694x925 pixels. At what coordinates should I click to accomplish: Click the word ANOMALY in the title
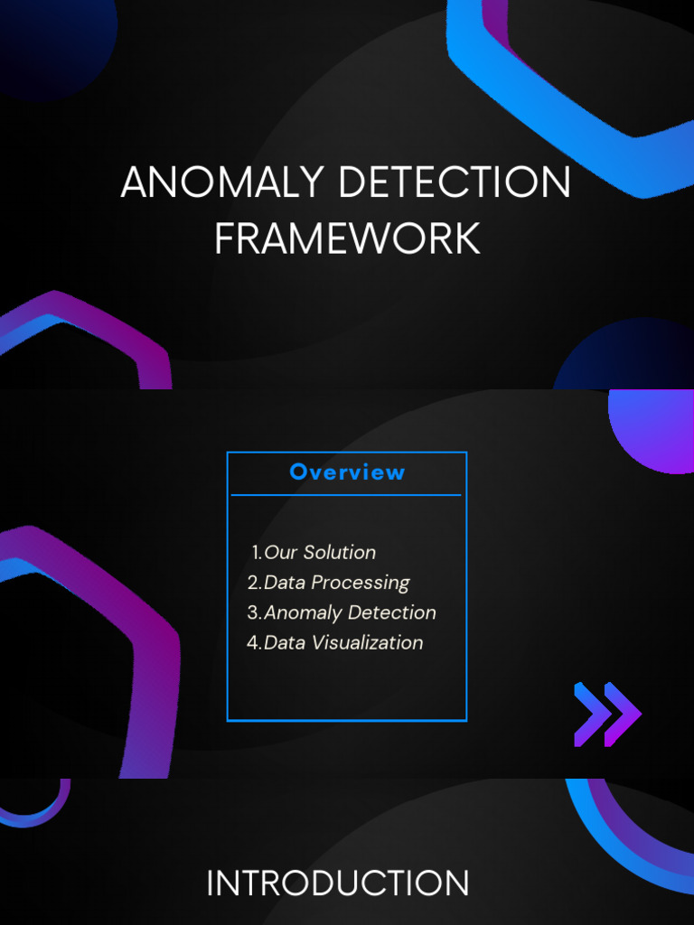click(x=222, y=183)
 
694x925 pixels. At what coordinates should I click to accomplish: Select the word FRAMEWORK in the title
click(x=347, y=238)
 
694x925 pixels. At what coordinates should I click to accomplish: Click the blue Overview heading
click(x=347, y=472)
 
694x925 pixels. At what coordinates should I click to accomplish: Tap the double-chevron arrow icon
click(x=607, y=715)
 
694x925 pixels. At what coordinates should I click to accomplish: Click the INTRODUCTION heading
click(x=338, y=883)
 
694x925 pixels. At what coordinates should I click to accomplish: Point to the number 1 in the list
click(x=257, y=552)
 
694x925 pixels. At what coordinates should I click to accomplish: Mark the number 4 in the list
click(x=253, y=642)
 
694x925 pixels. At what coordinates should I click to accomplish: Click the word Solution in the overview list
click(x=340, y=552)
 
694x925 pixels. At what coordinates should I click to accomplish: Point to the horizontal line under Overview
click(x=346, y=495)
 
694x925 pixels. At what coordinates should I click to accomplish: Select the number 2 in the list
click(x=253, y=583)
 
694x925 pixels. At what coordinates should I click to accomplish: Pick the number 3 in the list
click(x=253, y=612)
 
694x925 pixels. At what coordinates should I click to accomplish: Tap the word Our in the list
click(x=280, y=552)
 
